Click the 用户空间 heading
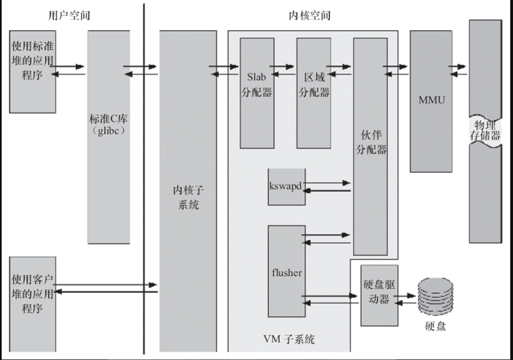click(69, 15)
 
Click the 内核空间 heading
click(309, 15)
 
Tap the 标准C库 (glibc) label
click(109, 125)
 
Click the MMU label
click(431, 101)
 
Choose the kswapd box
click(286, 186)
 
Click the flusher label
click(286, 272)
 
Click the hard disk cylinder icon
click(435, 298)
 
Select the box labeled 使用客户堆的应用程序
click(33, 293)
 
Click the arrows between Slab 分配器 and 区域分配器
click(285, 70)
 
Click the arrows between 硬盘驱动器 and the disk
click(405, 298)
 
